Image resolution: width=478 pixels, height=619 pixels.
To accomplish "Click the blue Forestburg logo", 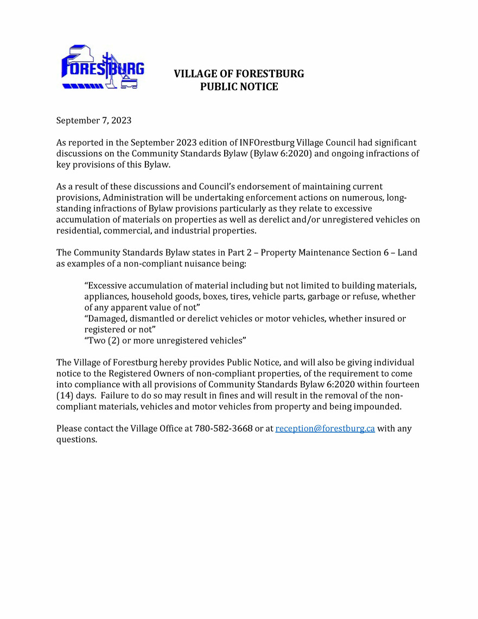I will (103, 68).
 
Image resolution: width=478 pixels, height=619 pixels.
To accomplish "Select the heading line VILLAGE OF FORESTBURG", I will (239, 74).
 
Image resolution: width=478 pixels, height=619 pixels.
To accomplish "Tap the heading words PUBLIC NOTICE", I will (239, 87).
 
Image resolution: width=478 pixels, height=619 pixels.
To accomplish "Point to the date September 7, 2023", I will (94, 121).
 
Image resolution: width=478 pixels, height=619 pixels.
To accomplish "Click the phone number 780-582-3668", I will (223, 428).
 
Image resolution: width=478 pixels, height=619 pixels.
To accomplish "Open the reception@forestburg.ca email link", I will (325, 428).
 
